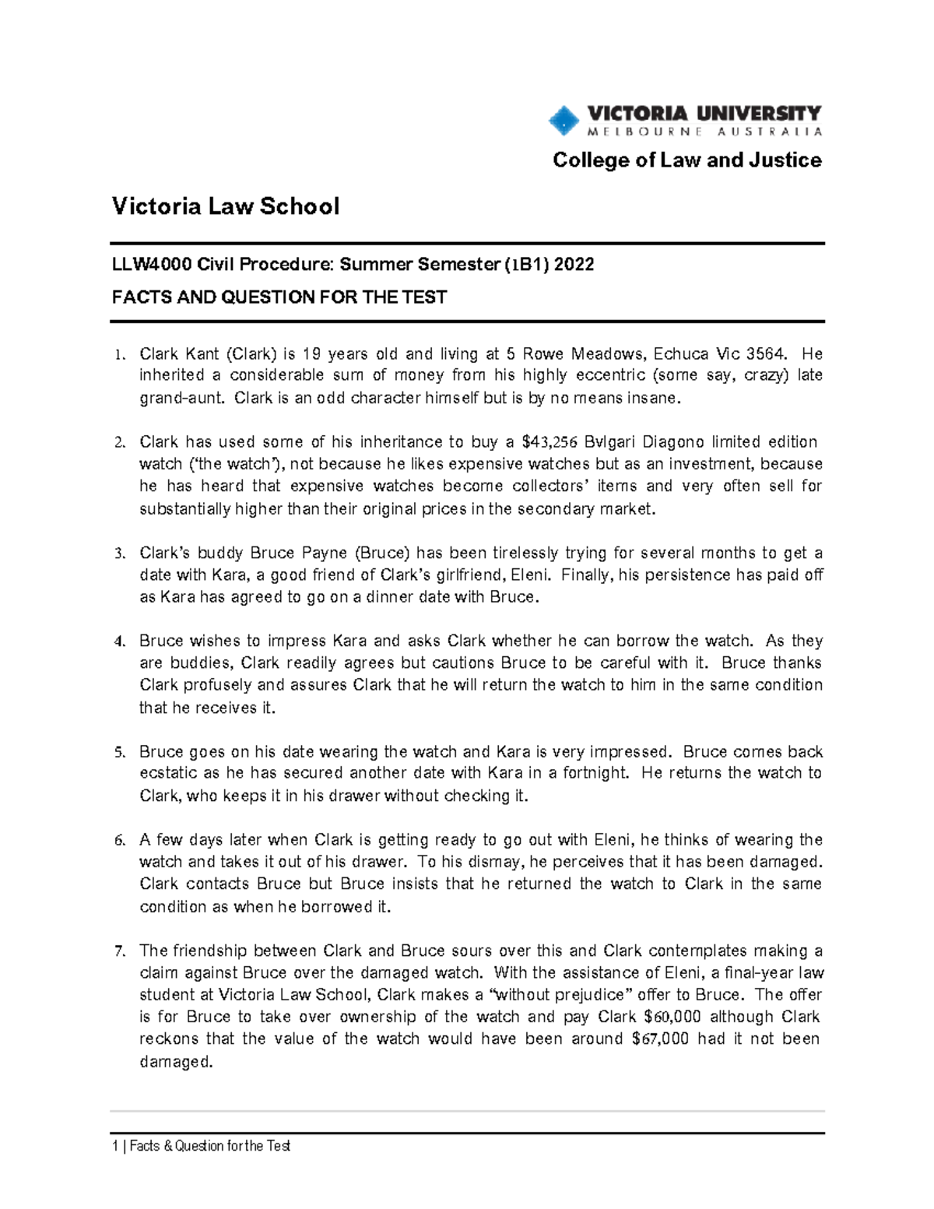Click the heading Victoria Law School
(x=226, y=206)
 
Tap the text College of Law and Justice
(x=686, y=160)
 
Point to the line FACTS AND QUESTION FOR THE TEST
(x=279, y=297)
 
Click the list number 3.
(x=118, y=554)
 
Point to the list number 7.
(x=118, y=951)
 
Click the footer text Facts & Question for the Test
(x=210, y=1146)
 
